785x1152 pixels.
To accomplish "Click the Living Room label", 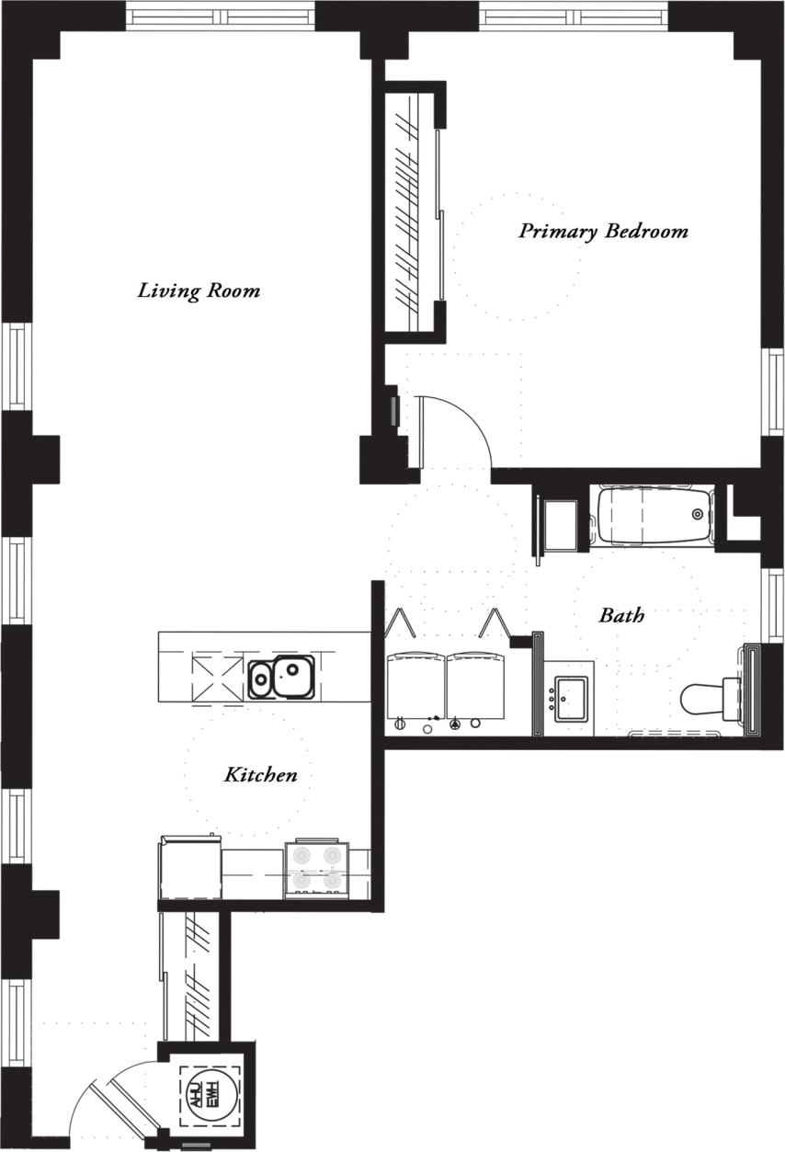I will (199, 291).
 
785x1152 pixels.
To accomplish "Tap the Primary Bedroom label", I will (603, 231).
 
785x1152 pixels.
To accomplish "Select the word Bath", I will (621, 615).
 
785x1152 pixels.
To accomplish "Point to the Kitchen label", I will (261, 775).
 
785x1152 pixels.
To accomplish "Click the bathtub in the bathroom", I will (653, 516).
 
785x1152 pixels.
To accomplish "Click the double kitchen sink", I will (281, 678).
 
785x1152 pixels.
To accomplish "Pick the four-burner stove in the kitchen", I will (316, 870).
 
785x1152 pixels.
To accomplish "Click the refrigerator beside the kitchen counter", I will (190, 869).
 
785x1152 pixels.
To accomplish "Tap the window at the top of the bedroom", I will (574, 17).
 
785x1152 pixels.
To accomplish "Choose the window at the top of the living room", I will (220, 16).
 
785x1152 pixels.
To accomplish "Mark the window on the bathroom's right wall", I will (775, 604).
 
